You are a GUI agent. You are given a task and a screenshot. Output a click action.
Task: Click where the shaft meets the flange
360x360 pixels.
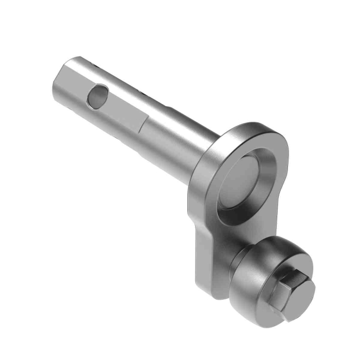[206, 154]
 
